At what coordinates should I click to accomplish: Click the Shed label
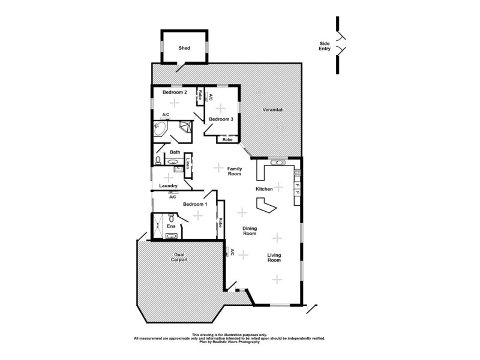click(x=184, y=48)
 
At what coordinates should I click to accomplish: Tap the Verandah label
click(x=272, y=110)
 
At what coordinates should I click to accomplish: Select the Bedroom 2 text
click(x=175, y=92)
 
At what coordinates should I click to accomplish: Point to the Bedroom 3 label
click(x=221, y=119)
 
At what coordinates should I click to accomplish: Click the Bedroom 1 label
click(x=195, y=205)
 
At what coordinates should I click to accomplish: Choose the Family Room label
click(x=234, y=171)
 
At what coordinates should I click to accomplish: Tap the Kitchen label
click(x=265, y=189)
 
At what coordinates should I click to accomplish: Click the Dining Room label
click(x=250, y=231)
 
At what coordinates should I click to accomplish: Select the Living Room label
click(x=274, y=258)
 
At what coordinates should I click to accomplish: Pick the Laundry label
click(x=168, y=186)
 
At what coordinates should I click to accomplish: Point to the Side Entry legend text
click(x=325, y=46)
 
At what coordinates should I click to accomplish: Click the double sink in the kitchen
click(x=277, y=161)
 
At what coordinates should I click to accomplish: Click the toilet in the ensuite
click(x=171, y=217)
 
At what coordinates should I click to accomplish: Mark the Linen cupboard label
click(x=187, y=163)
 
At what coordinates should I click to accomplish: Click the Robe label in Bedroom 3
click(x=227, y=140)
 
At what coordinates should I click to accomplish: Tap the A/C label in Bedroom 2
click(x=166, y=115)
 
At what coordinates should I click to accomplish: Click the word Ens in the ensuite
click(x=171, y=226)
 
